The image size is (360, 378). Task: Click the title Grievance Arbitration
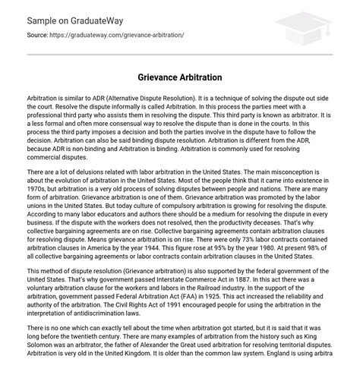coord(179,77)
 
